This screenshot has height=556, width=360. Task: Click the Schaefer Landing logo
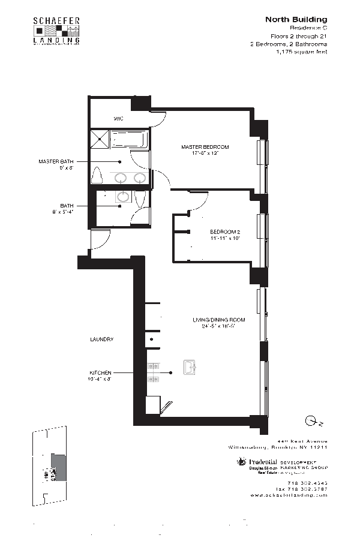(56, 31)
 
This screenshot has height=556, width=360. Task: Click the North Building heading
(296, 20)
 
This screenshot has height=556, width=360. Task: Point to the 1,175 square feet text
(301, 52)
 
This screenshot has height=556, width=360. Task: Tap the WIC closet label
(118, 118)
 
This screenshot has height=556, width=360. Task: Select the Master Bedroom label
(205, 146)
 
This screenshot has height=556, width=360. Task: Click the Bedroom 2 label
(225, 232)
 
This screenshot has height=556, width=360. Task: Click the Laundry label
(101, 339)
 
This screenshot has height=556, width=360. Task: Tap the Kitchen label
(100, 372)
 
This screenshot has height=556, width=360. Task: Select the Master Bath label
(55, 161)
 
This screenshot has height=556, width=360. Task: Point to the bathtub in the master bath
(129, 140)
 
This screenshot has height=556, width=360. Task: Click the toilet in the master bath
(97, 176)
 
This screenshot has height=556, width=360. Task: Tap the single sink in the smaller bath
(124, 197)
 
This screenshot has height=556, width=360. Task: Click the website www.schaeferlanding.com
(289, 495)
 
